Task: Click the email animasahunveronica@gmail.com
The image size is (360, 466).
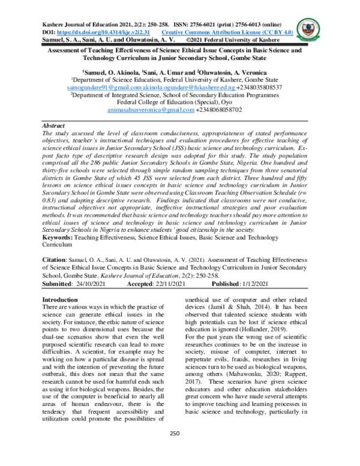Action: point(146,110)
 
